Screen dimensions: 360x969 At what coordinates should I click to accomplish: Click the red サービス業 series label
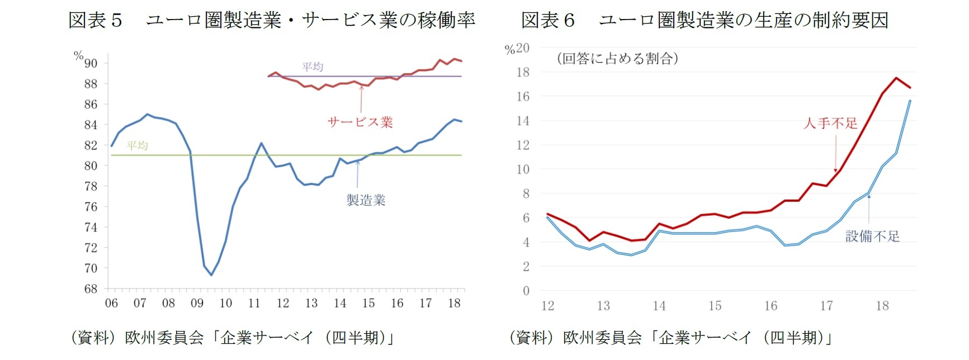pyautogui.click(x=360, y=122)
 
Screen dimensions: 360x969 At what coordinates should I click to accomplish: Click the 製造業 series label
pyautogui.click(x=366, y=200)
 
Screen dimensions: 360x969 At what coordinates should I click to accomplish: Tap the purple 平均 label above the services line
pyautogui.click(x=313, y=67)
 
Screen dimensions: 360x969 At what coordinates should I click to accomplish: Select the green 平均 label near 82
pyautogui.click(x=137, y=146)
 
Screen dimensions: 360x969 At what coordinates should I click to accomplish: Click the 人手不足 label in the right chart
pyautogui.click(x=830, y=124)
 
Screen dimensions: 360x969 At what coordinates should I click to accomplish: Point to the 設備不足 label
pyautogui.click(x=872, y=236)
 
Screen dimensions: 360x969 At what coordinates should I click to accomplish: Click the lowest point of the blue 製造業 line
pyautogui.click(x=211, y=275)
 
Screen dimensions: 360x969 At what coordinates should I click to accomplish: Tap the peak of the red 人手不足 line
pyautogui.click(x=896, y=78)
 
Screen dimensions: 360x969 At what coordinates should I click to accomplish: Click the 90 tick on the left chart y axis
pyautogui.click(x=91, y=64)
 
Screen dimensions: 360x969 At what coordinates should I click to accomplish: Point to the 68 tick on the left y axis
pyautogui.click(x=91, y=289)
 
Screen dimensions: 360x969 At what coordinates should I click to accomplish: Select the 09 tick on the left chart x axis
pyautogui.click(x=197, y=304)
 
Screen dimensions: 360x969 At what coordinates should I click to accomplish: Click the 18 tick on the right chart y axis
pyautogui.click(x=523, y=73)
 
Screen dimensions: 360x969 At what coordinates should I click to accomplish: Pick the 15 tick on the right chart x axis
pyautogui.click(x=715, y=306)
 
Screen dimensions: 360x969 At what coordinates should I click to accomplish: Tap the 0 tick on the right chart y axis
pyautogui.click(x=526, y=291)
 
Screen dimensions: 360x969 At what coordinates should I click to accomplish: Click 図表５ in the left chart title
pyautogui.click(x=95, y=21)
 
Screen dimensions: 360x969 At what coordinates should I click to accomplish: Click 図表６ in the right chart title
pyautogui.click(x=547, y=21)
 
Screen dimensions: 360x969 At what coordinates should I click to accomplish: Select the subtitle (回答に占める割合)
pyautogui.click(x=617, y=59)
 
